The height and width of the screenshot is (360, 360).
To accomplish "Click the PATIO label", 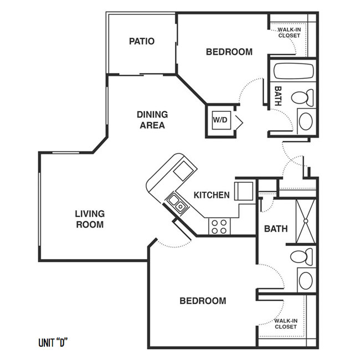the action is click(x=142, y=42).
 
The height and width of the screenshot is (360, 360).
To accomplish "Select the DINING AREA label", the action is click(x=152, y=120).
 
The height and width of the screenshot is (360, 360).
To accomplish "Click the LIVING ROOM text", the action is click(x=90, y=219).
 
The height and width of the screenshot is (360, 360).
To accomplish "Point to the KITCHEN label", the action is click(x=212, y=195).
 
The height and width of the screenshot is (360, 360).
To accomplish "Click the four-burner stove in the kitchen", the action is click(x=219, y=227).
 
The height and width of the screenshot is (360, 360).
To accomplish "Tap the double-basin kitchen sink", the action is click(x=177, y=204).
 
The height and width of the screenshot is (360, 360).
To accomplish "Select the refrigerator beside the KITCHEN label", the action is click(x=244, y=191).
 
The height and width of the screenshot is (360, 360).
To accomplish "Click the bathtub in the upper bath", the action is click(x=294, y=70).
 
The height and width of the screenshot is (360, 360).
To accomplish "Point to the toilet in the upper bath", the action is click(x=302, y=98).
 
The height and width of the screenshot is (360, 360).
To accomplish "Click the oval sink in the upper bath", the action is click(x=306, y=121).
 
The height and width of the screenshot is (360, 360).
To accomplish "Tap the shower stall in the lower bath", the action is click(x=306, y=222).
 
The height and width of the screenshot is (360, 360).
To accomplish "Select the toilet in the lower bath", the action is click(x=301, y=257).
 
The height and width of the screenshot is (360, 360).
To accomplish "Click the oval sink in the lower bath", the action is click(x=306, y=281).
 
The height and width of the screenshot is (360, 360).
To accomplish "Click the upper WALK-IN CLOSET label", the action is click(x=289, y=33).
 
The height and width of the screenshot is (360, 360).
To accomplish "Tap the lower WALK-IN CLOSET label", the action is click(x=286, y=324).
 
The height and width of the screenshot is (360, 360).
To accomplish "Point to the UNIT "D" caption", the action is click(x=53, y=343).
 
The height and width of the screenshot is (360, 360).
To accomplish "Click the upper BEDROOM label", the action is click(x=229, y=52).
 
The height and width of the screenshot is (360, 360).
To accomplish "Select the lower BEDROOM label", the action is click(x=203, y=301).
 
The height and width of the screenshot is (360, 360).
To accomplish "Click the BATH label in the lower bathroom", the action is click(x=276, y=229).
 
